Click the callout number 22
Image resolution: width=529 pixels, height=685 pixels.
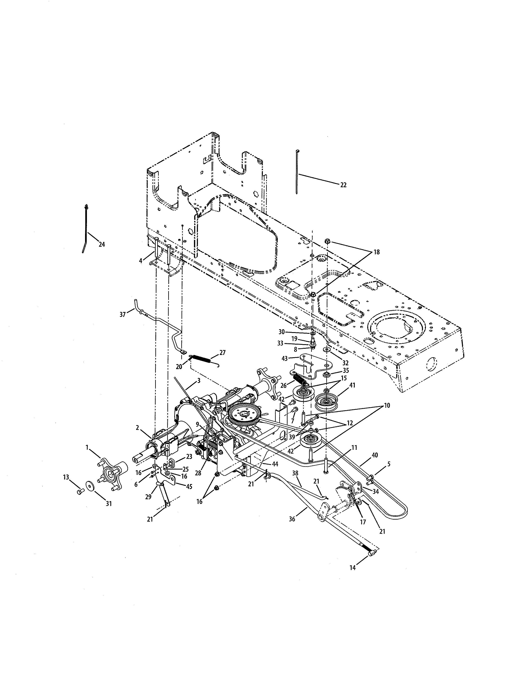[x=344, y=185]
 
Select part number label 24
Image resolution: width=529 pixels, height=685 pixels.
[x=102, y=245]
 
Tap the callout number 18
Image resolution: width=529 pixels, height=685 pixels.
[x=376, y=252]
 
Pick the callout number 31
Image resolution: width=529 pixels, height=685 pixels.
[x=108, y=504]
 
